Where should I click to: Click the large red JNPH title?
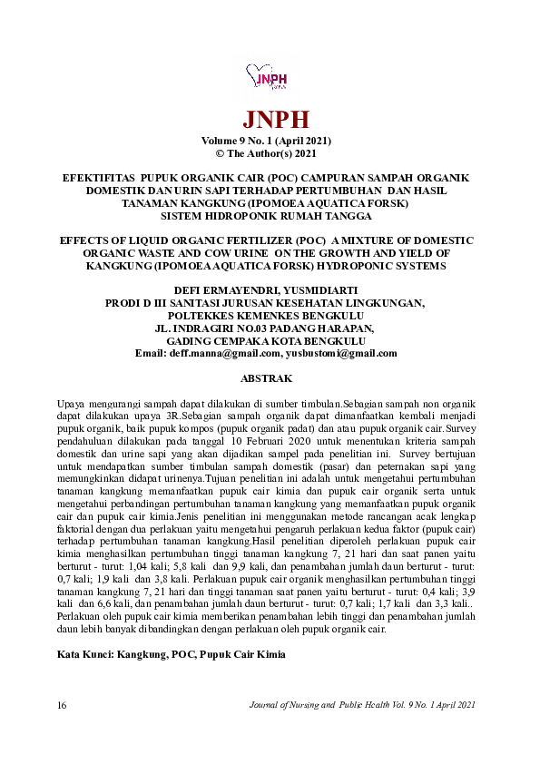[270, 120]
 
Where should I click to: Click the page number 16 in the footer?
[62, 705]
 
